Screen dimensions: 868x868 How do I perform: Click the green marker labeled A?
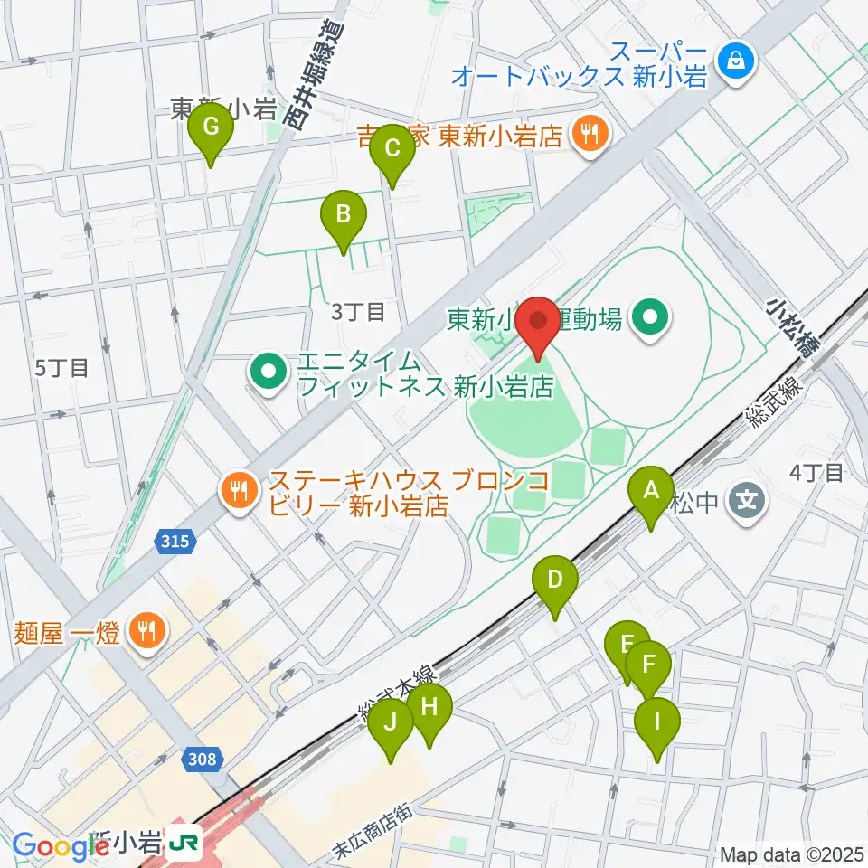[650, 493]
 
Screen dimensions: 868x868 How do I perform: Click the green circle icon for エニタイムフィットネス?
[269, 373]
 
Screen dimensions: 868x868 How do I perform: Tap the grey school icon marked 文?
[747, 498]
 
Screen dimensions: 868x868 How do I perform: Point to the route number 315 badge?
[175, 541]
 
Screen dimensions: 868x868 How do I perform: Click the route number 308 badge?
[203, 759]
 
